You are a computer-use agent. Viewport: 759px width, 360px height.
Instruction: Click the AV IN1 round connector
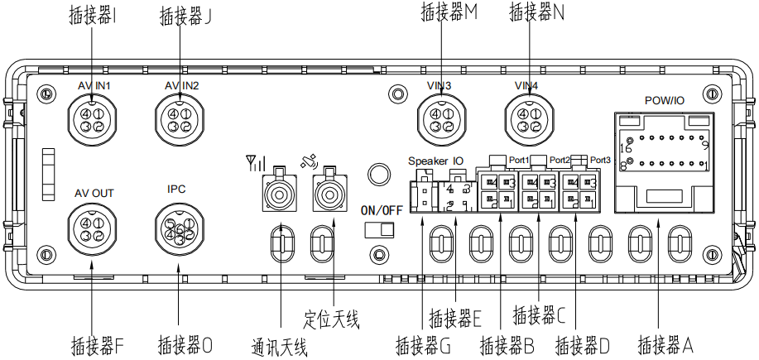point(92,118)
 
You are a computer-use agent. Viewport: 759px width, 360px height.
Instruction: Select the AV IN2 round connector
point(181,118)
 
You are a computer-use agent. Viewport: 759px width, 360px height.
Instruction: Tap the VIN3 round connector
point(440,118)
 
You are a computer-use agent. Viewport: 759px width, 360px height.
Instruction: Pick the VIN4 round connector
point(530,118)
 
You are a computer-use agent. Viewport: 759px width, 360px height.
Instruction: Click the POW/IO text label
point(664,100)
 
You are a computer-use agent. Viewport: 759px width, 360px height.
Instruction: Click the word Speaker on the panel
point(428,160)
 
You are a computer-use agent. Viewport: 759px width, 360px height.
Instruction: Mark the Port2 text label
point(560,160)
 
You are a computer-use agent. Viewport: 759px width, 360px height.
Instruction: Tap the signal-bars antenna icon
point(255,161)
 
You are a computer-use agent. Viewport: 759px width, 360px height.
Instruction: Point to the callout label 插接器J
point(184,13)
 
